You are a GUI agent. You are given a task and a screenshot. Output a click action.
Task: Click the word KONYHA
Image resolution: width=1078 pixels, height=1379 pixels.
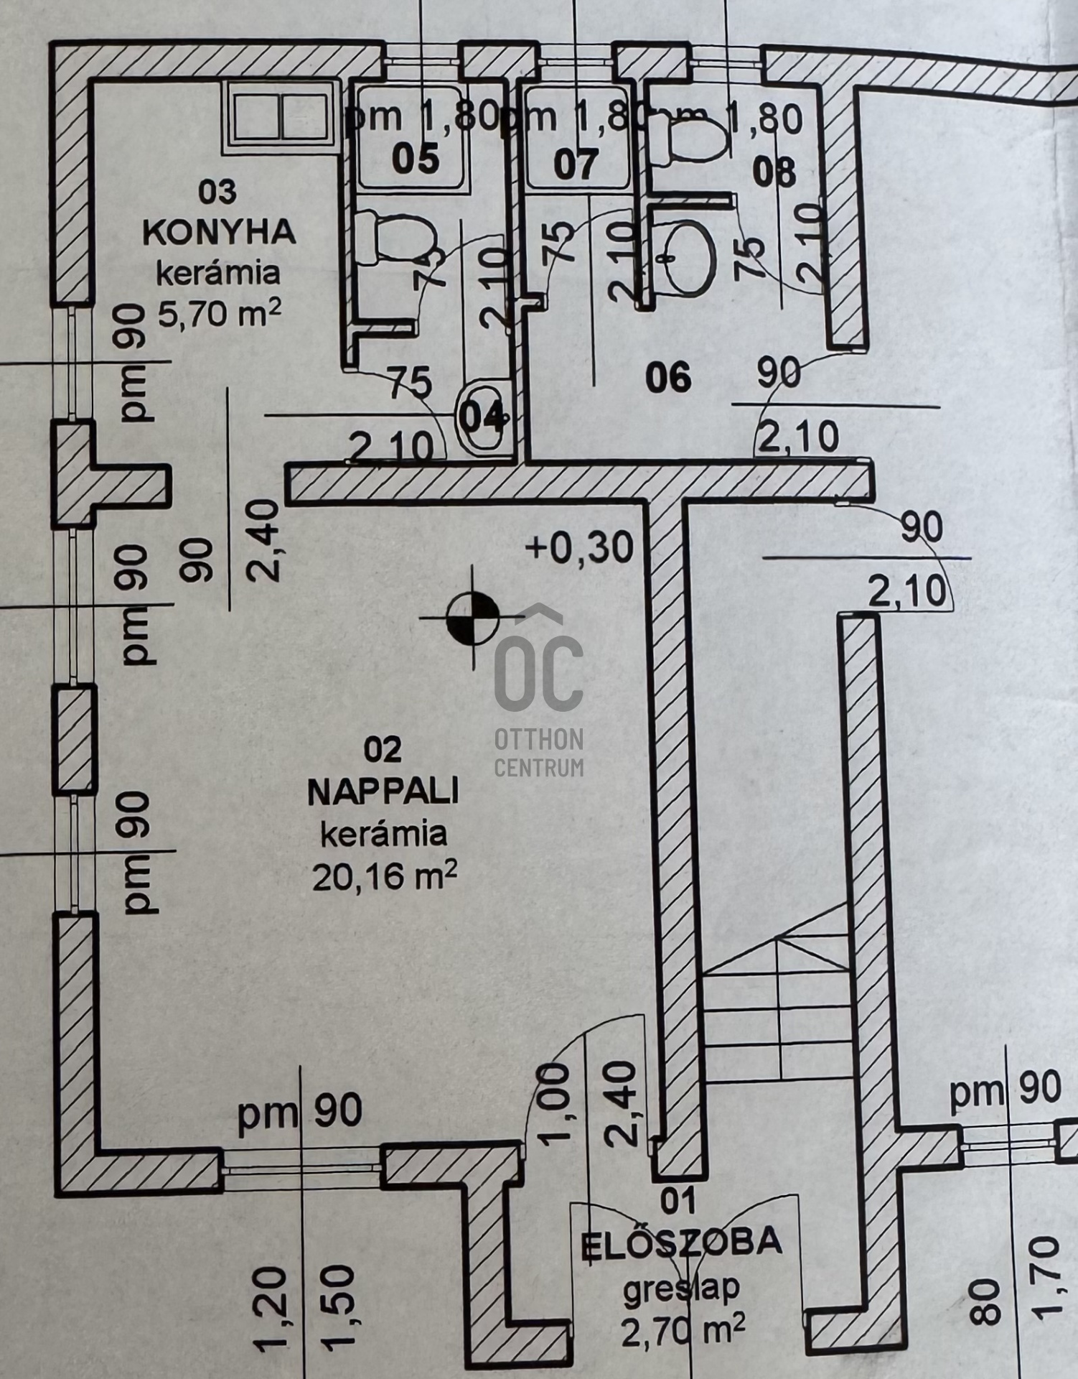[219, 233]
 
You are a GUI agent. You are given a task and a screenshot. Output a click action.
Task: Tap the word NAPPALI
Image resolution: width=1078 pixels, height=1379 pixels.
[383, 793]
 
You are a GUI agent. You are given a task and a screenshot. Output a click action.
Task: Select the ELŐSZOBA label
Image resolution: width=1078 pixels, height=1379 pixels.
[680, 1241]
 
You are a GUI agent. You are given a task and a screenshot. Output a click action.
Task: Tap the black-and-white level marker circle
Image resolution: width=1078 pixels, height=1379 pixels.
[472, 617]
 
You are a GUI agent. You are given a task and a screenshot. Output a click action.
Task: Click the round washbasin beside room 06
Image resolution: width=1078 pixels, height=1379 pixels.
[688, 259]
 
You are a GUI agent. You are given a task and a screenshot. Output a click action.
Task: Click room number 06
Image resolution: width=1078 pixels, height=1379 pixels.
[668, 378]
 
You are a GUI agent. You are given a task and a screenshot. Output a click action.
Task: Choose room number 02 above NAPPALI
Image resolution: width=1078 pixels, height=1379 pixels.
[383, 751]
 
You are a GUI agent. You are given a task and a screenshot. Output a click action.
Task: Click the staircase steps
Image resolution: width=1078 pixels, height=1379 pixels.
[775, 1006]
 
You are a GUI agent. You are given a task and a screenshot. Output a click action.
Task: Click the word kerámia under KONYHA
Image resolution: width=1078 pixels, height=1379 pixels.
[219, 273]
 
